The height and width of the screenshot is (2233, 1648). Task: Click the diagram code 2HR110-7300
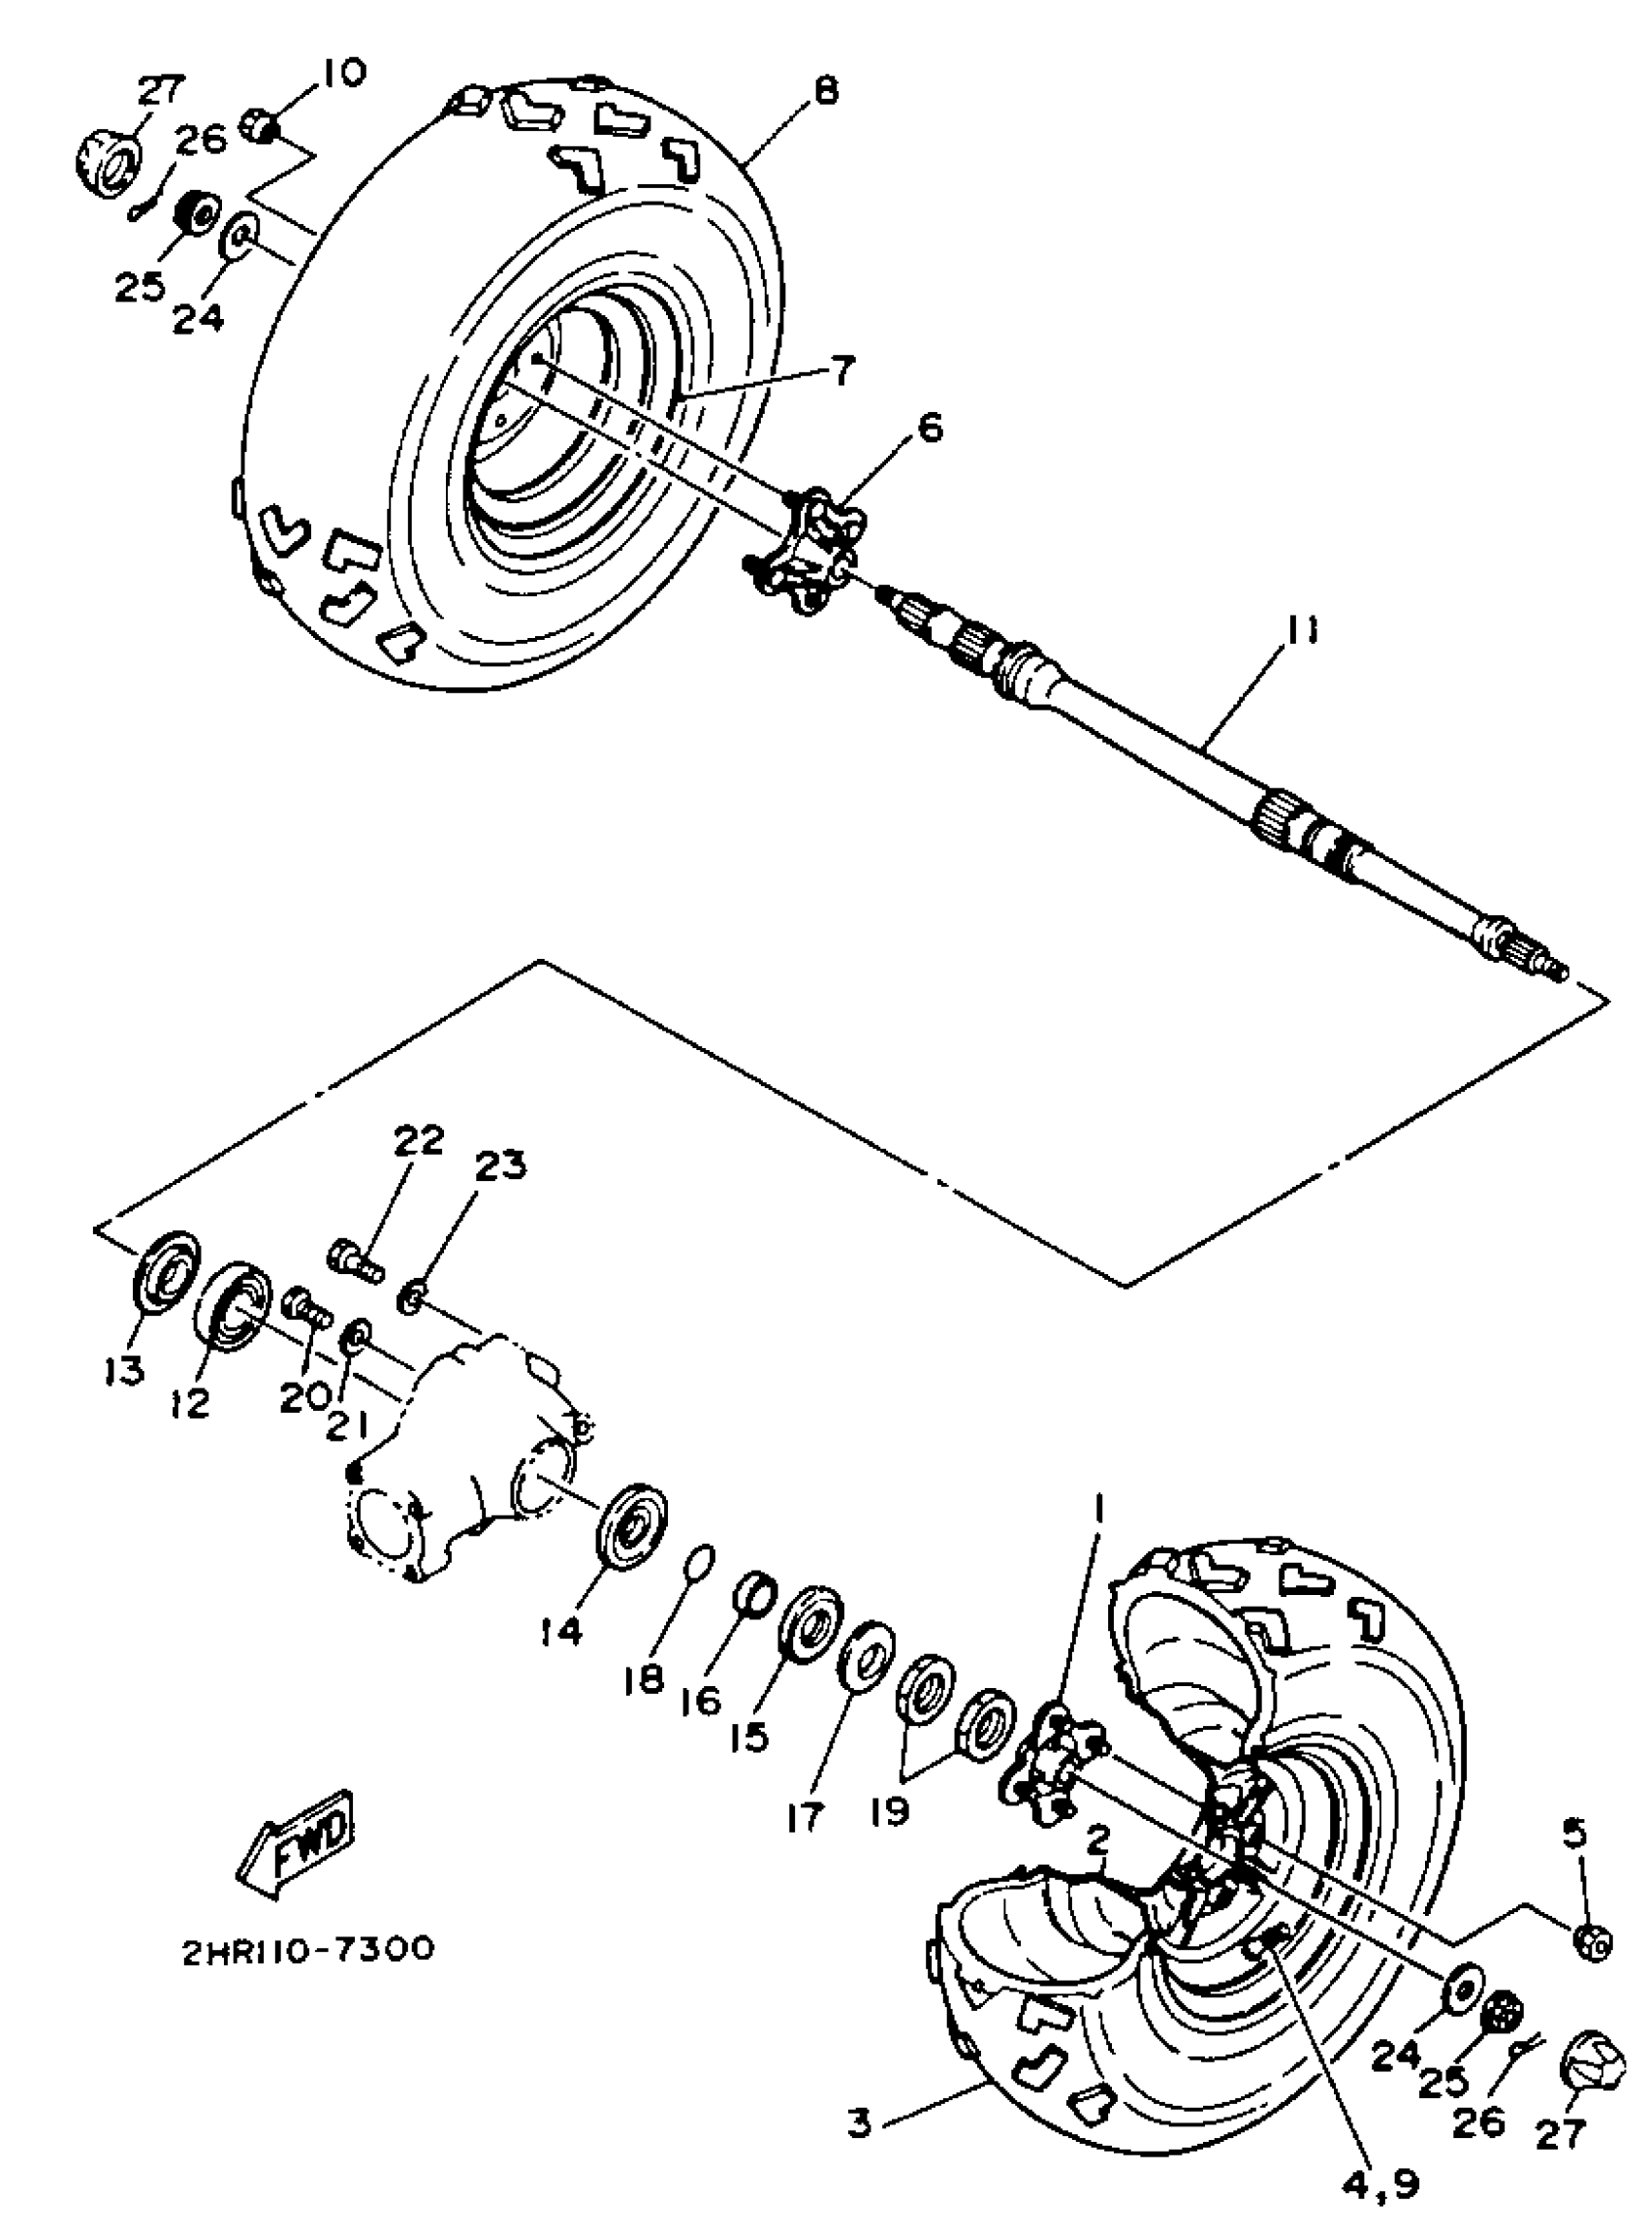coord(307,1949)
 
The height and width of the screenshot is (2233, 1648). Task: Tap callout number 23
coord(500,1165)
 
